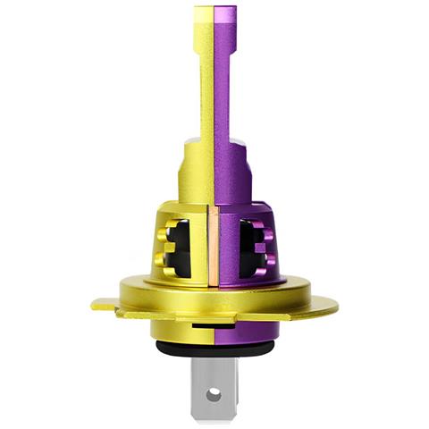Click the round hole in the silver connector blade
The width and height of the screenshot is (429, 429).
tap(214, 392)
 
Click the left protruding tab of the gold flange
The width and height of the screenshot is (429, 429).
tap(105, 305)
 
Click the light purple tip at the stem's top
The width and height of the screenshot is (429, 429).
tap(225, 18)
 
